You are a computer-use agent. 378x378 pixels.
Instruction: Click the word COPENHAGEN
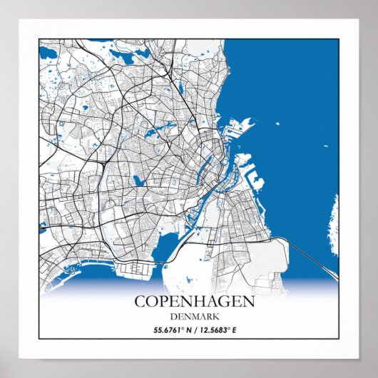[x=194, y=301]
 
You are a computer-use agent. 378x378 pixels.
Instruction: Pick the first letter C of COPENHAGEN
[x=141, y=301]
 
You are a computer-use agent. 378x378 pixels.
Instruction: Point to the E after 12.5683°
[x=233, y=330]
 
